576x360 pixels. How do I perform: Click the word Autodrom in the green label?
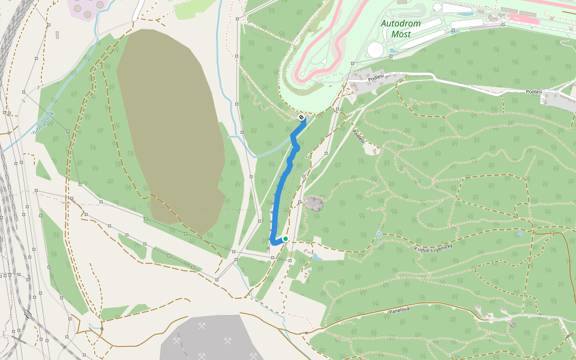pos(401,23)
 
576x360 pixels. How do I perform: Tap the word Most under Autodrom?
pos(401,34)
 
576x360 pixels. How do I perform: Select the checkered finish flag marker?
pos(301,118)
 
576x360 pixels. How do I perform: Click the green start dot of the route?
pos(286,239)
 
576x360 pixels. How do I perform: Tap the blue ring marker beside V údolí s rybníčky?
pos(379,234)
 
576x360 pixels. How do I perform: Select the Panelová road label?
pos(398,310)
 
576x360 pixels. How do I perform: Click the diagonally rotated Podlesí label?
pos(359,137)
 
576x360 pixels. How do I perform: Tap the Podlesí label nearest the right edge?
pos(533,92)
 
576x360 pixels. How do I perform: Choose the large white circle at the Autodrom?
pos(376,50)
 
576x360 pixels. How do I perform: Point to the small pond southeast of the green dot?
pos(316,257)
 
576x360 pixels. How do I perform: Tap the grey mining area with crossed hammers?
pos(204,339)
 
